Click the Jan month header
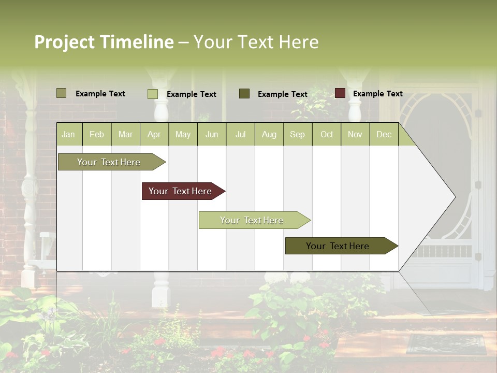[x=68, y=134]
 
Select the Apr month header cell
[x=154, y=134]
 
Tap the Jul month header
[x=240, y=134]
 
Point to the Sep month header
[x=297, y=134]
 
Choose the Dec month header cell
[x=384, y=134]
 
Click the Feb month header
[x=97, y=134]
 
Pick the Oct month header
[x=327, y=134]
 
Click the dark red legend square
[x=340, y=93]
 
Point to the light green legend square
[x=152, y=94]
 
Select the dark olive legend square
[x=244, y=94]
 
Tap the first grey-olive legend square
[x=61, y=93]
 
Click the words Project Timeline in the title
[x=104, y=42]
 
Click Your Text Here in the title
[x=256, y=42]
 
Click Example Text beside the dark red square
[x=377, y=94]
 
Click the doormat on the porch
[x=446, y=344]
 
